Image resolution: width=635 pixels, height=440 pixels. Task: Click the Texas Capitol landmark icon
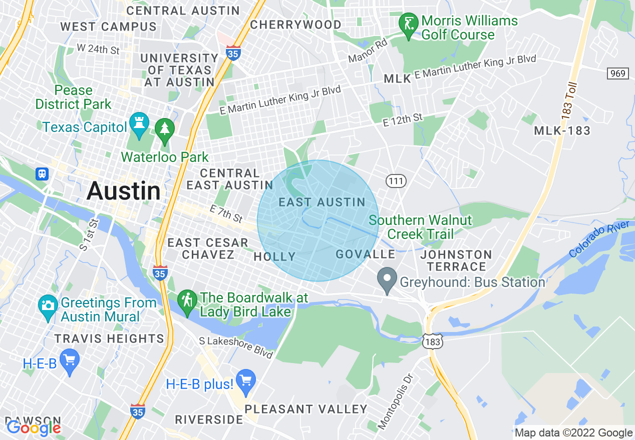pos(138,122)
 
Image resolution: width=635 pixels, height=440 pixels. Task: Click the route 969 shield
pos(617,73)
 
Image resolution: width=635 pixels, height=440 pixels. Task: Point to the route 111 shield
pos(396,181)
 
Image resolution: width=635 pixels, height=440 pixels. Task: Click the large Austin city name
pos(124,191)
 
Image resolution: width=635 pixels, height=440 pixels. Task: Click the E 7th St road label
pos(226,213)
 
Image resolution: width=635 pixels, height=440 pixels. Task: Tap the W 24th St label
pos(99,49)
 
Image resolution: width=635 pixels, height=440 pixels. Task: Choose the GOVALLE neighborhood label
pos(366,254)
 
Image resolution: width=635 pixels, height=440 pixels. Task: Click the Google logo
pos(34,427)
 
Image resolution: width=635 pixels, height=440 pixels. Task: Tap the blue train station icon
pos(42,173)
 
